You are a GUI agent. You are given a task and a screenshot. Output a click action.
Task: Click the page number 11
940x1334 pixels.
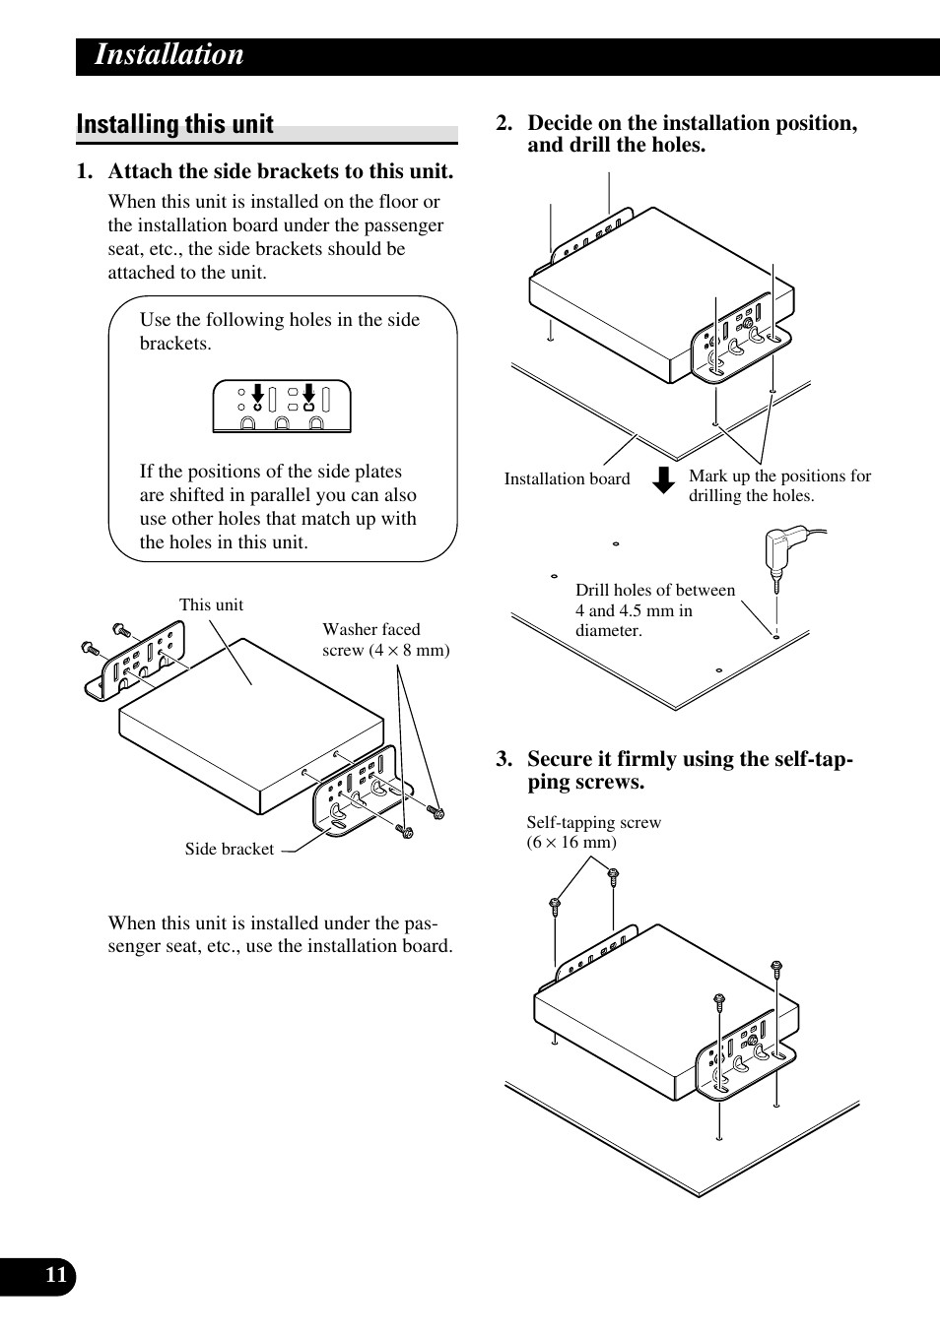pos(56,1276)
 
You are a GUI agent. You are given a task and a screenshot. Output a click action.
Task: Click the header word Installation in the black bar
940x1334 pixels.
pos(168,55)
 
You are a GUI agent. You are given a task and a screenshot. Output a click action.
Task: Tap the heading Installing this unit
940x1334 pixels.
pos(175,124)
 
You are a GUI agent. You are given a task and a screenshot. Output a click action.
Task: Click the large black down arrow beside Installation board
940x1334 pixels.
pos(664,479)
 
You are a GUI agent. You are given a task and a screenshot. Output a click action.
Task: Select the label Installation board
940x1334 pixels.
pos(567,479)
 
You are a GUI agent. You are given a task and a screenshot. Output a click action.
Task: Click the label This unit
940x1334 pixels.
pos(211,605)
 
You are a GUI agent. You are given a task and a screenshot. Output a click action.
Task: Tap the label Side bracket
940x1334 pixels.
pos(230,849)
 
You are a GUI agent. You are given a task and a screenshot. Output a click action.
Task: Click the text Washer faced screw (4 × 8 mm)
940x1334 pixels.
pos(385,640)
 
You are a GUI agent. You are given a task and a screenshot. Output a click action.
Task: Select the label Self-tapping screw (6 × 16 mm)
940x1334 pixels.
pos(593,832)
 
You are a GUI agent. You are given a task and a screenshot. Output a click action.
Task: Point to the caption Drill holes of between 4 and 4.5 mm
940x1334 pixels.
pos(654,610)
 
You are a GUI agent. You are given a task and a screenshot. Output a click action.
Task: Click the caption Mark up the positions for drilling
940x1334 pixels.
pos(779,485)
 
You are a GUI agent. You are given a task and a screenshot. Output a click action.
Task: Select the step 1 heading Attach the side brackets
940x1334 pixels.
pos(280,171)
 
